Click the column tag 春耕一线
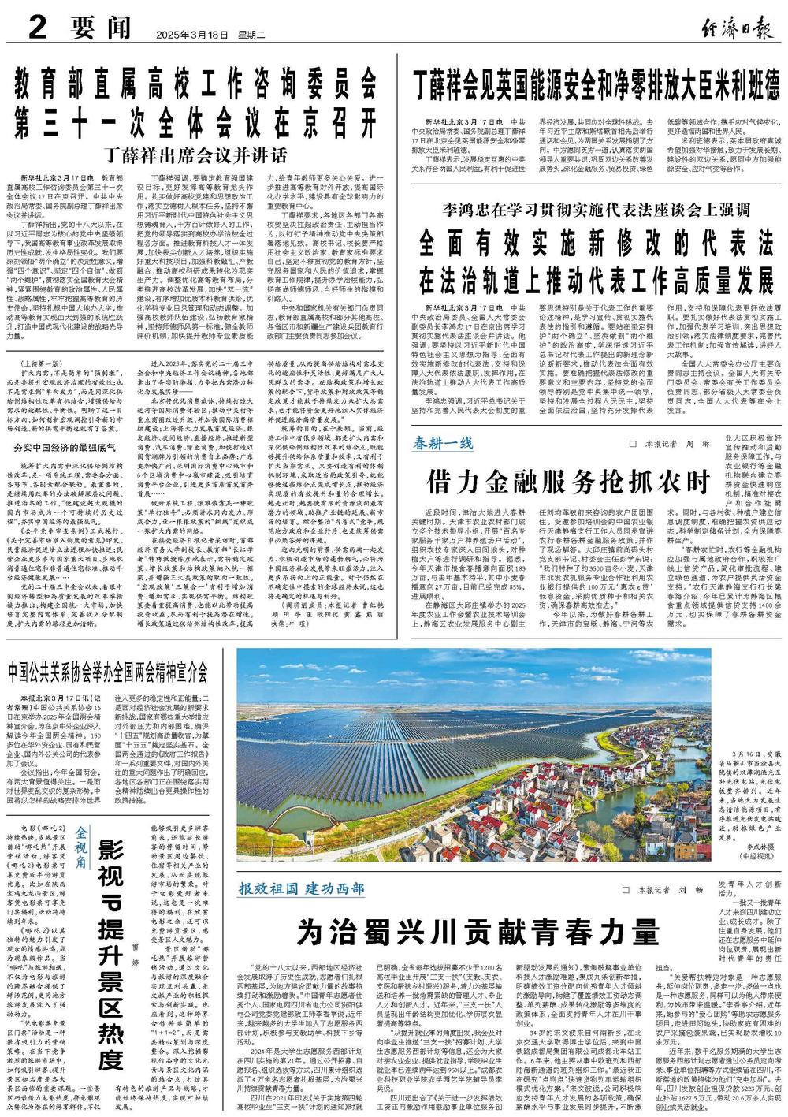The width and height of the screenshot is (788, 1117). (444, 442)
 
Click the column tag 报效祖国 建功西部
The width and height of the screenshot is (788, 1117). (302, 888)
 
